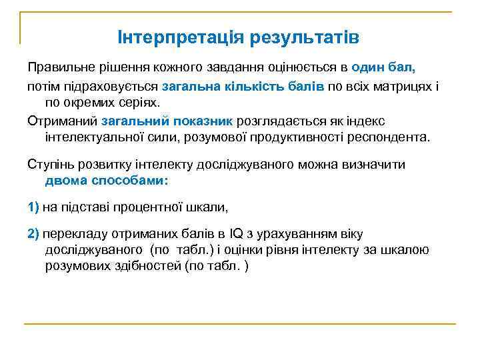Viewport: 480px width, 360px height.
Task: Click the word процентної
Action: pyautogui.click(x=155, y=207)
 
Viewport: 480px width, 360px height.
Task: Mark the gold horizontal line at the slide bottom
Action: pyautogui.click(x=240, y=324)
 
